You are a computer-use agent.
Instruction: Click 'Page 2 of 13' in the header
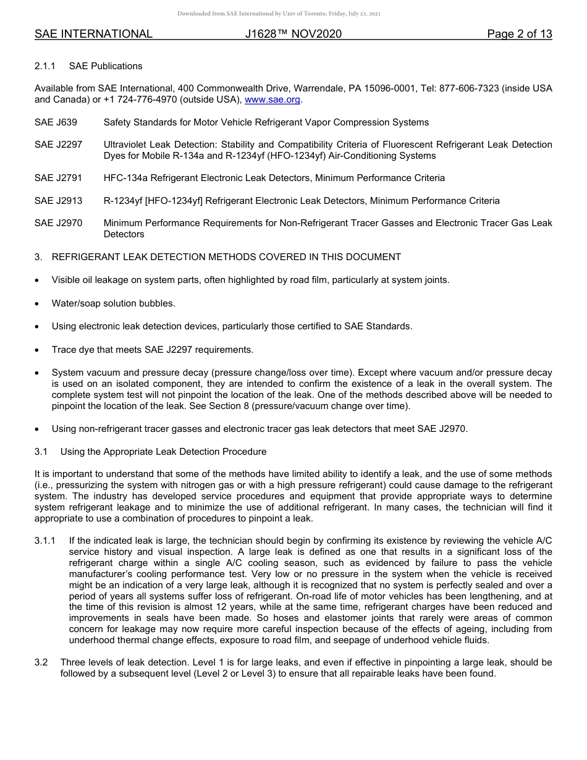coord(519,34)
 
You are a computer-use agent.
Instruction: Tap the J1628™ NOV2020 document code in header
coord(293,34)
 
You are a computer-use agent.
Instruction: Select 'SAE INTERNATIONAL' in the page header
coord(93,34)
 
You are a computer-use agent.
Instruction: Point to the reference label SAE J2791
coord(59,178)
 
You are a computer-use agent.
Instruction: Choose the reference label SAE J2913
coord(59,201)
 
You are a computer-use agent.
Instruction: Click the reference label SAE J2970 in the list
coord(59,223)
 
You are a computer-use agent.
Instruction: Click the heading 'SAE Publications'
coord(106,66)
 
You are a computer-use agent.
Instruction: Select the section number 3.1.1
coord(45,541)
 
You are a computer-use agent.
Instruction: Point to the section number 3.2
coord(41,662)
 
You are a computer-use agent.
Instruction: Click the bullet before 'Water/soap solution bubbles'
coord(38,303)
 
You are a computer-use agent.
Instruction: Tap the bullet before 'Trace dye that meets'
coord(38,350)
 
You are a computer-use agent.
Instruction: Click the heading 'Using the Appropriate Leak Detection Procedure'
coord(163,452)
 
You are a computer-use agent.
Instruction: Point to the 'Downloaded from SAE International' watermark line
coord(279,13)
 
